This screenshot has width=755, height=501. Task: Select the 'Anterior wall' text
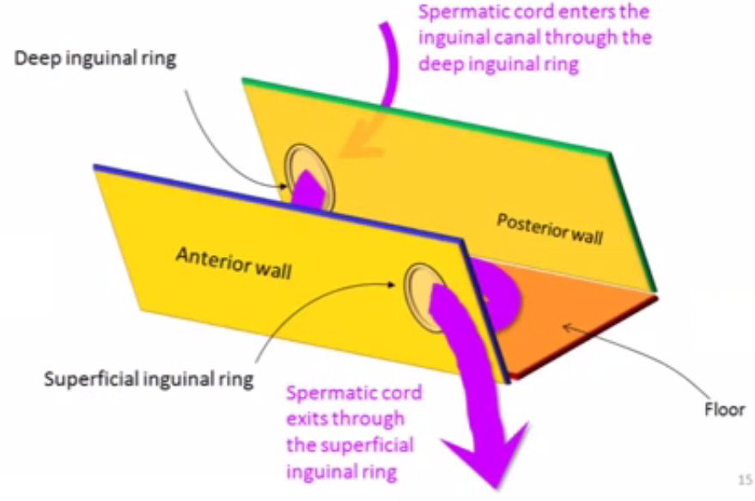(234, 262)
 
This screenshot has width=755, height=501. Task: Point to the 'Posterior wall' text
(549, 228)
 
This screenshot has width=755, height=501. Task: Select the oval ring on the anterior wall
(422, 292)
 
